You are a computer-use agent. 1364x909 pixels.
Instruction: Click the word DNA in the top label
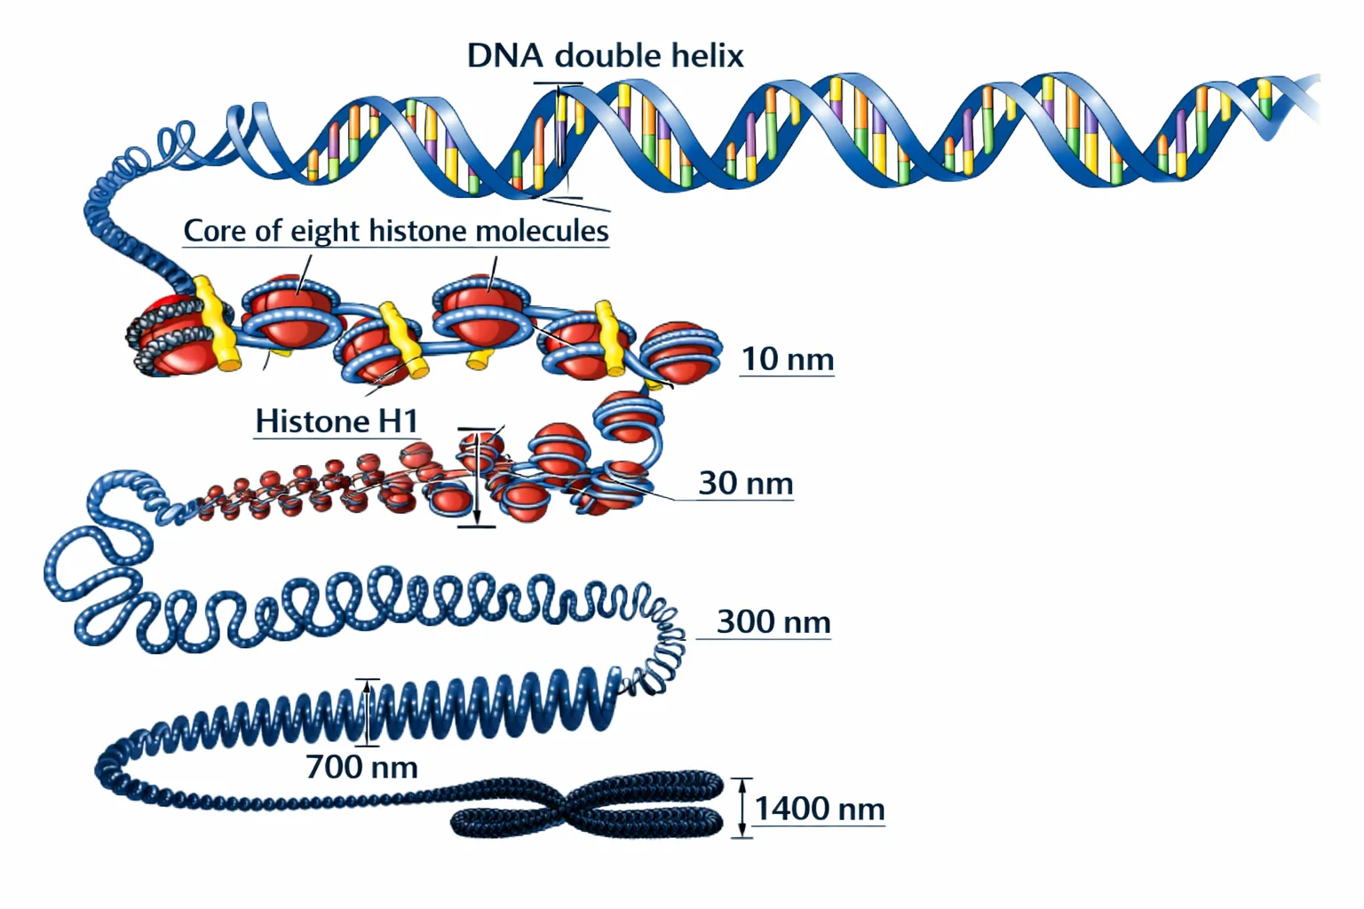point(504,55)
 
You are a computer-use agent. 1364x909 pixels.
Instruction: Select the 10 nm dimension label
point(788,359)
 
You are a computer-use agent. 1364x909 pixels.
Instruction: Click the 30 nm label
point(746,484)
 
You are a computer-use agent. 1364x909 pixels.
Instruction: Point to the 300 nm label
point(773,621)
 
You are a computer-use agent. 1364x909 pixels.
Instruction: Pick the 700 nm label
point(361,767)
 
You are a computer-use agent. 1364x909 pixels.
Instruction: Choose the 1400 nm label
point(820,809)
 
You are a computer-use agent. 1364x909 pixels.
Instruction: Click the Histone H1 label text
point(337,421)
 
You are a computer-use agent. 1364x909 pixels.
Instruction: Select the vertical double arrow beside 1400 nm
point(741,808)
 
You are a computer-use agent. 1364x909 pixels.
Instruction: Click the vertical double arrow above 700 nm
point(367,712)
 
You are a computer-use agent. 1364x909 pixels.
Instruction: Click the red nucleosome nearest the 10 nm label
point(680,353)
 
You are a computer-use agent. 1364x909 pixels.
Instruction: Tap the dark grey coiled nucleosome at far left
point(177,334)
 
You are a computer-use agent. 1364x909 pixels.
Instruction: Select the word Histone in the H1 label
point(313,421)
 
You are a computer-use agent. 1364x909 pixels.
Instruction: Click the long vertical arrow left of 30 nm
point(478,478)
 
